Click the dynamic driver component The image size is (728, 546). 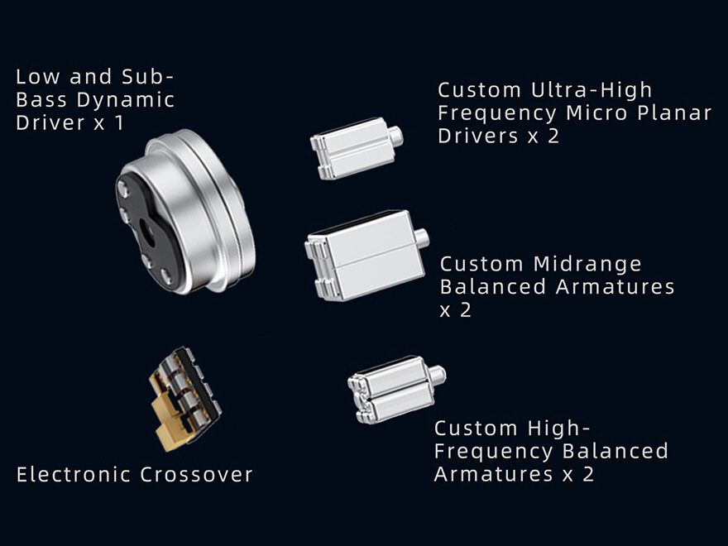click(x=185, y=212)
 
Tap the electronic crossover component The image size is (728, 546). click(x=184, y=399)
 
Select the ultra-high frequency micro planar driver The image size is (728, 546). click(x=356, y=148)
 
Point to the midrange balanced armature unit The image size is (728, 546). click(x=366, y=255)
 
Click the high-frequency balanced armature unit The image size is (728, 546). click(x=396, y=389)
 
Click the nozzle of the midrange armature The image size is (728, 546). click(x=422, y=237)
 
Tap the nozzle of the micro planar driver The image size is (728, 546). click(x=395, y=136)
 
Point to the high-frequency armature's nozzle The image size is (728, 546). click(x=438, y=374)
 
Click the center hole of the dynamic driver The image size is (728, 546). click(x=148, y=232)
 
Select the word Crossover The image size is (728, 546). click(x=196, y=475)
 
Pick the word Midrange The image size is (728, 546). click(x=587, y=264)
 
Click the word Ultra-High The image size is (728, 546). click(x=591, y=90)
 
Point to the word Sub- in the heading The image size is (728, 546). click(x=147, y=77)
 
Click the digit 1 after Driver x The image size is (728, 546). click(x=119, y=122)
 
